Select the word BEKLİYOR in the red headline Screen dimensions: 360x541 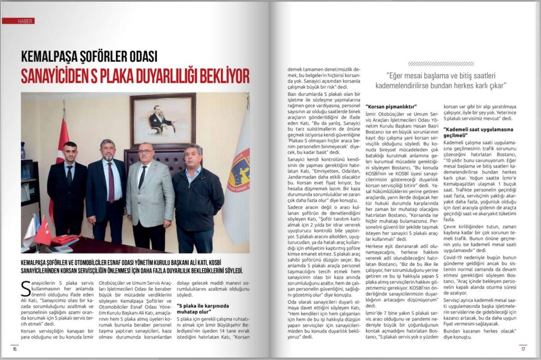point(218,76)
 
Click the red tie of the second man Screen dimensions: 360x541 point(110,182)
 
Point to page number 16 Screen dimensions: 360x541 point(15,348)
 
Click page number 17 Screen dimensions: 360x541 point(523,348)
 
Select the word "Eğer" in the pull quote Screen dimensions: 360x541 point(401,75)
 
